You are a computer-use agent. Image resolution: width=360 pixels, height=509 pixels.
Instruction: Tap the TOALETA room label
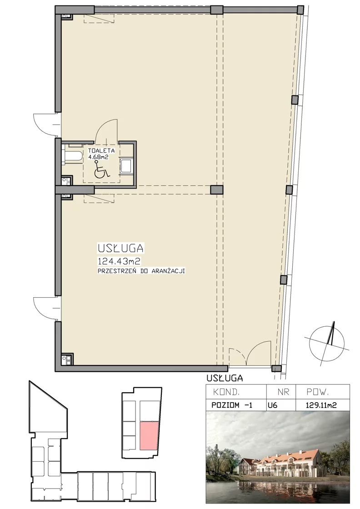tap(101, 150)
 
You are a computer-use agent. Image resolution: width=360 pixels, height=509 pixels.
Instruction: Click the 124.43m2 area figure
tap(119, 261)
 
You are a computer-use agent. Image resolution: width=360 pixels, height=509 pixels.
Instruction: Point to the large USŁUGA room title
tap(120, 248)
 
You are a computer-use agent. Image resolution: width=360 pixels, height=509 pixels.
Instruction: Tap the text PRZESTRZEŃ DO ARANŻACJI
tap(141, 271)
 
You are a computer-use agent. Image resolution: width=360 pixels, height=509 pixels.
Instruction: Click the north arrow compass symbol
tap(327, 344)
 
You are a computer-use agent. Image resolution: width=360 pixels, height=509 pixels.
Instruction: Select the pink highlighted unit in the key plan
tap(149, 436)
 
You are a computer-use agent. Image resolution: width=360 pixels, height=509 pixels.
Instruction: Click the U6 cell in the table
tap(273, 405)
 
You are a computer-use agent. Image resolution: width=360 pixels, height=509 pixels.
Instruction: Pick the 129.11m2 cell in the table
tap(321, 405)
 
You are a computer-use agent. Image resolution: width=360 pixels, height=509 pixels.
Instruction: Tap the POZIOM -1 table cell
tap(232, 405)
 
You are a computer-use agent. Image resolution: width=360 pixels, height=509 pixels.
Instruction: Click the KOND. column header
tap(226, 392)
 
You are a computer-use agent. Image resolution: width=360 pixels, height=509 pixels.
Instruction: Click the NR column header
tap(283, 392)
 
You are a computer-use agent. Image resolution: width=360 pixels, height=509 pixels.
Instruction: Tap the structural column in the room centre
tap(216, 190)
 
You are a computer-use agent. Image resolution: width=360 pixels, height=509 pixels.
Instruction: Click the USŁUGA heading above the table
tap(225, 378)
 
